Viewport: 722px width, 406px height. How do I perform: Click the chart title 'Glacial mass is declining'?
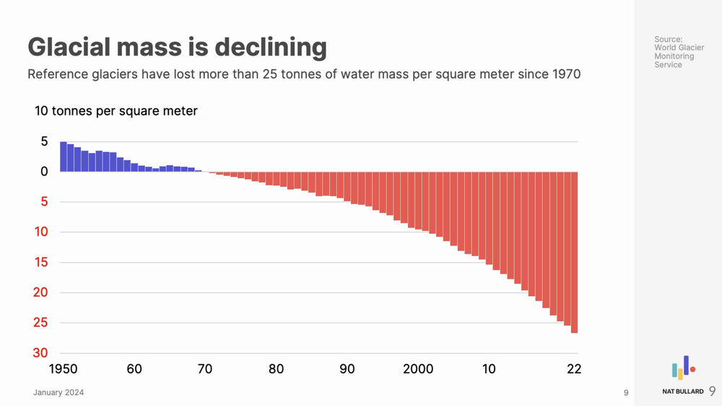177,48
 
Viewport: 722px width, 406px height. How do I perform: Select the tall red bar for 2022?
575,252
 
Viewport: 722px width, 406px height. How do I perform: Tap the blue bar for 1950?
64,157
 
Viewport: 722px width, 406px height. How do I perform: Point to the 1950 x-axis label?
63,369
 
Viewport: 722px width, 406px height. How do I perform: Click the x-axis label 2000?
418,369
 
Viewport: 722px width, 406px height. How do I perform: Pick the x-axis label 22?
574,369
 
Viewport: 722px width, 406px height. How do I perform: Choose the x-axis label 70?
205,369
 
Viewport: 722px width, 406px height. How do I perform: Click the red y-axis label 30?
41,353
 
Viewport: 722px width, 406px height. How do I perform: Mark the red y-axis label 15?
41,262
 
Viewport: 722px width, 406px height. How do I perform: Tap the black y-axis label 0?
44,172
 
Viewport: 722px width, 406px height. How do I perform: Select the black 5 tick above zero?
44,142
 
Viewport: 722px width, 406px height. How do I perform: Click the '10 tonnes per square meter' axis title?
116,111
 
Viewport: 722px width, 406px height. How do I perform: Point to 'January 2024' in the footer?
58,393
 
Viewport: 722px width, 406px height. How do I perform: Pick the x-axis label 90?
347,369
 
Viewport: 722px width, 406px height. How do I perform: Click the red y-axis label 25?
41,323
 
